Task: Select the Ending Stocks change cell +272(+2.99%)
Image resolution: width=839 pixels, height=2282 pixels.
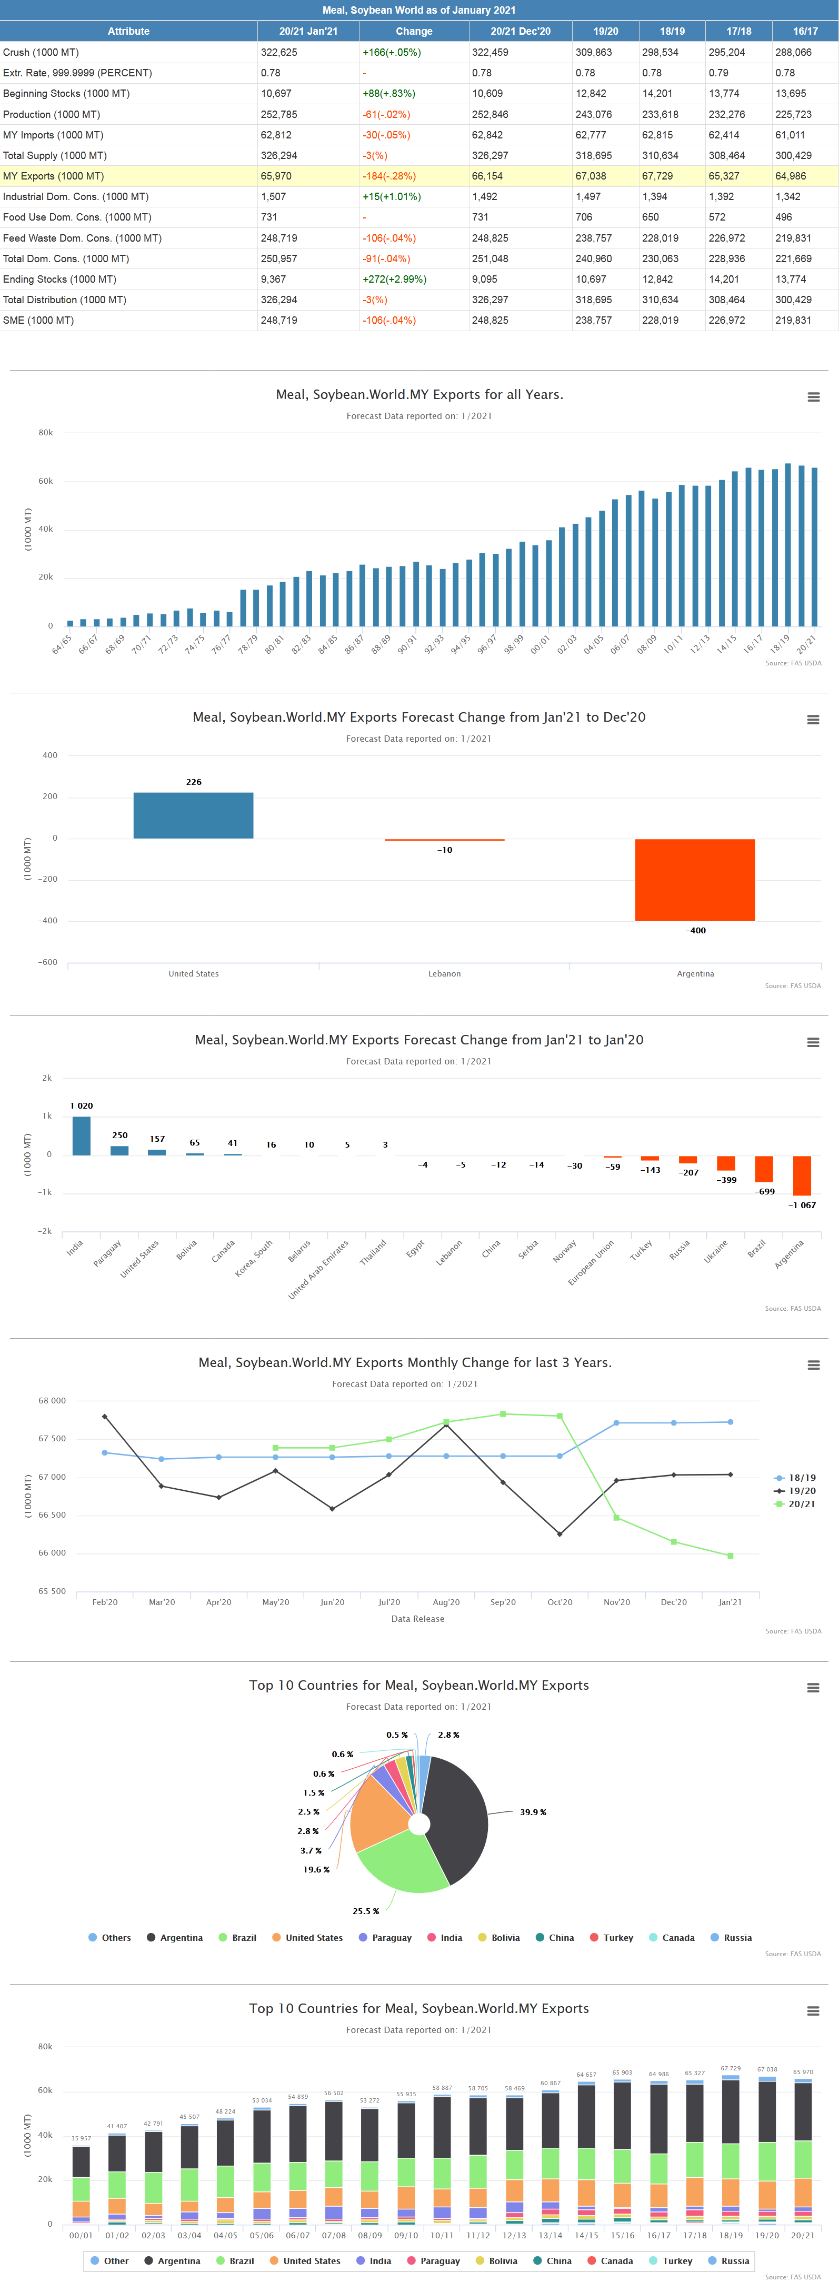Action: tap(394, 279)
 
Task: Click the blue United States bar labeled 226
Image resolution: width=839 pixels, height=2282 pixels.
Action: tap(193, 815)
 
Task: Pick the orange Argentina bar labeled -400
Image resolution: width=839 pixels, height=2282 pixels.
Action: tap(695, 880)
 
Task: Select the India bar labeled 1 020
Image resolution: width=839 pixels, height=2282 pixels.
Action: tap(82, 1135)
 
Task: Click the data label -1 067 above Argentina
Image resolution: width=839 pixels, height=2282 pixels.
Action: tap(802, 1205)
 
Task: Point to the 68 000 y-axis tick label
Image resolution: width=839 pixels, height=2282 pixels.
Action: tap(52, 1401)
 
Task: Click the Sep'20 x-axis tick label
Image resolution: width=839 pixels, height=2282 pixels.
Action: tap(502, 1602)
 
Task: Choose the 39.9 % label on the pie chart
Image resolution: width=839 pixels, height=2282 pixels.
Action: tap(533, 1811)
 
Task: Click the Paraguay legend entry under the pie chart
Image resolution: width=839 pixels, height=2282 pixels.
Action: tap(391, 1937)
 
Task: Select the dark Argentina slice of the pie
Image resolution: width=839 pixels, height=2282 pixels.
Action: tap(456, 1816)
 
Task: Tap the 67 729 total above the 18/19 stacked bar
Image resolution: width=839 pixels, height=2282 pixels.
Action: tap(730, 2068)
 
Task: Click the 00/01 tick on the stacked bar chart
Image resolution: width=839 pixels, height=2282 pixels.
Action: tap(81, 2235)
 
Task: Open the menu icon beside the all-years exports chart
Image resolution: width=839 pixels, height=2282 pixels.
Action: tap(813, 397)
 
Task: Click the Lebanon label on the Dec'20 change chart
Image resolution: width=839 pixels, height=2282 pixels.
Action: tap(444, 973)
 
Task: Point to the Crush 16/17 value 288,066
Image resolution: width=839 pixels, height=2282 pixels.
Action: tap(793, 52)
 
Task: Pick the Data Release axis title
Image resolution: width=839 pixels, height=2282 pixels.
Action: tap(417, 1619)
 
